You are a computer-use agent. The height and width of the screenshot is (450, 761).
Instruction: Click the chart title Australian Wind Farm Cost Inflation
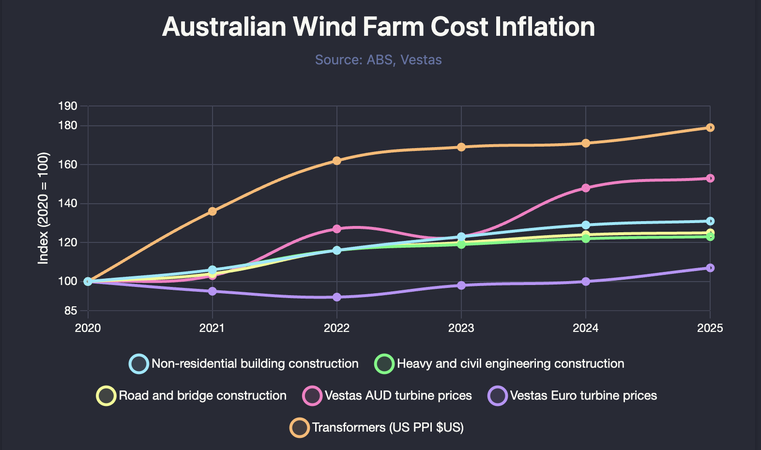pos(378,27)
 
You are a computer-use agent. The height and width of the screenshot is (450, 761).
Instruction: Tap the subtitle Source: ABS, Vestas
pos(378,60)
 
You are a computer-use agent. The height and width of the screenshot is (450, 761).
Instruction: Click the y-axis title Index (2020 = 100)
pos(44,208)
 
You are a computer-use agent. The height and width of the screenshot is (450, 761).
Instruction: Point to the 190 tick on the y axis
pos(68,106)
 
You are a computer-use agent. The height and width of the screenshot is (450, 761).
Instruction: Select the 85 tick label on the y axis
pos(71,311)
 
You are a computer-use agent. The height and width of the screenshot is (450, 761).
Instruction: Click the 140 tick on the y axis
pos(68,203)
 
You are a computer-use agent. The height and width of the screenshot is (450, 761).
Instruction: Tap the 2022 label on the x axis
pos(336,328)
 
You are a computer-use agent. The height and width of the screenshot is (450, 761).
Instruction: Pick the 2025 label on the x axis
pos(710,328)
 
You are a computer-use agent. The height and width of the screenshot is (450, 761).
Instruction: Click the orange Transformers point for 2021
pos(212,211)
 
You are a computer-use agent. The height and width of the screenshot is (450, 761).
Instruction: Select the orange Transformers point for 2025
pos(710,128)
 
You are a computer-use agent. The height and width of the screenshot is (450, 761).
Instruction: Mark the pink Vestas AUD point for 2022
pos(337,229)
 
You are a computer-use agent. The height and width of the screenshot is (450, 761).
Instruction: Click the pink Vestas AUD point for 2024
pos(586,188)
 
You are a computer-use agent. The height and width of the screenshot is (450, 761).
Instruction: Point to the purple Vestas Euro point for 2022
pos(337,297)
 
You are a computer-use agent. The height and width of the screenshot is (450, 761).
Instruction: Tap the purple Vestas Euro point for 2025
pos(710,268)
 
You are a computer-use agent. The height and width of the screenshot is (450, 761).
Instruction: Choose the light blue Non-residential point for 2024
pos(586,225)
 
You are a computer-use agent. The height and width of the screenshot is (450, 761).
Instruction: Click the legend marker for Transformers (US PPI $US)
pos(300,428)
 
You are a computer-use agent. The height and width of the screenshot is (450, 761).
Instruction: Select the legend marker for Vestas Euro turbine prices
pos(498,396)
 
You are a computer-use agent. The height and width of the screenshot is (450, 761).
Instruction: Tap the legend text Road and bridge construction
pos(202,396)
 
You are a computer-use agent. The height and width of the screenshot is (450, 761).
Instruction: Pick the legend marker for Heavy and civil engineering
pos(384,364)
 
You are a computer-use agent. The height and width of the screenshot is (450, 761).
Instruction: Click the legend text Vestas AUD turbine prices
pos(398,396)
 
